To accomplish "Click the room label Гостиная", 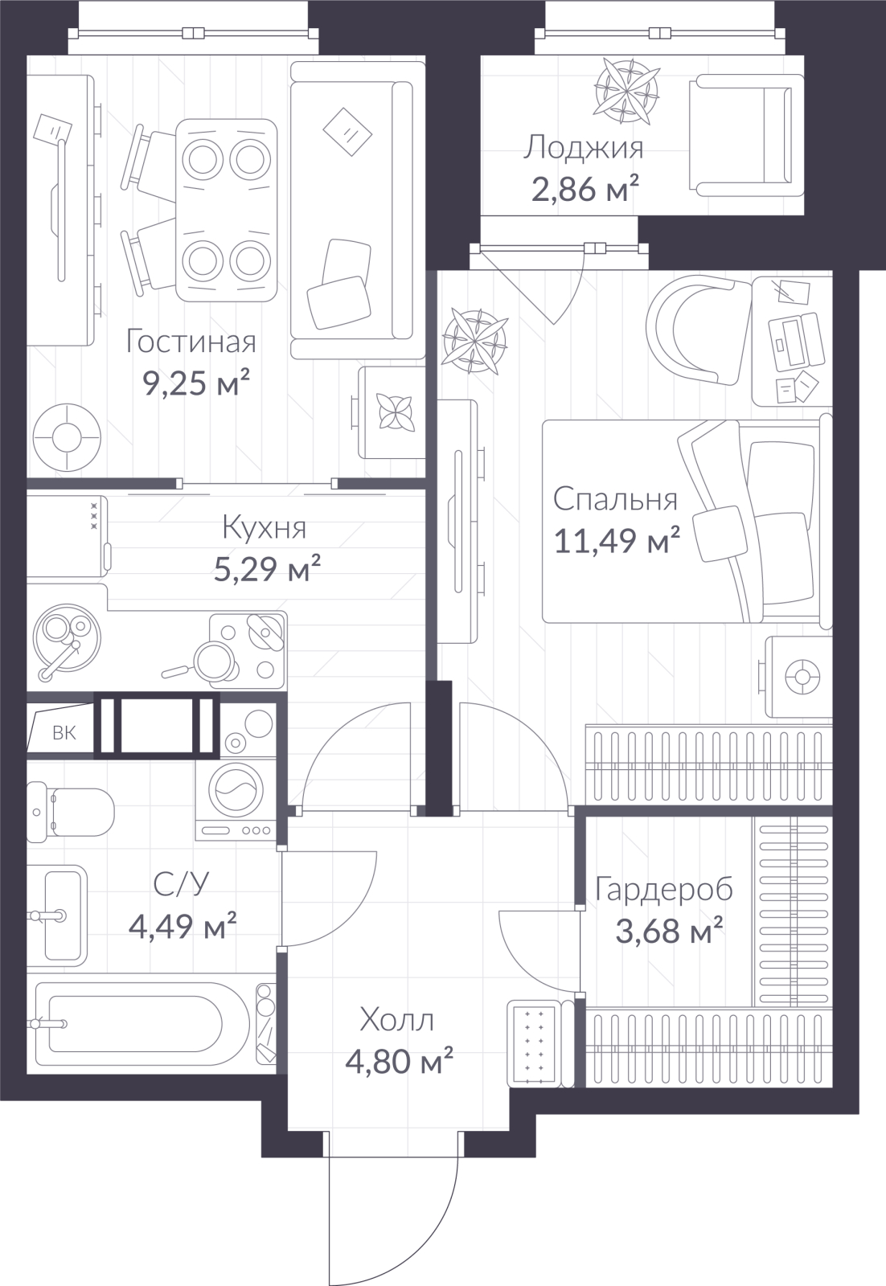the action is [x=191, y=342].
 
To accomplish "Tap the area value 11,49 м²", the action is [x=617, y=541].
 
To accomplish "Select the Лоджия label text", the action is [x=584, y=149].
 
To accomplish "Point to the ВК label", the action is [x=64, y=733].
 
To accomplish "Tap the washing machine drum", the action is [x=240, y=790].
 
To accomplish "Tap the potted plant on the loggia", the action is [x=625, y=92].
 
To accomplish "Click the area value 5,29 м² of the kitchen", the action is [x=266, y=570].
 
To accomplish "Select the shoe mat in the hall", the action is [x=534, y=1036].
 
